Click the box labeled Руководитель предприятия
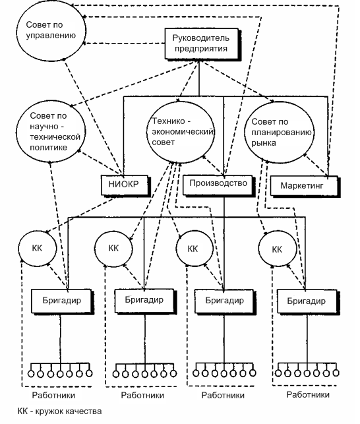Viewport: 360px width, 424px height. pyautogui.click(x=202, y=44)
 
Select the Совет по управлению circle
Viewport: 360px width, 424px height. pyautogui.click(x=51, y=31)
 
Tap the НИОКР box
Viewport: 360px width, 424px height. pyautogui.click(x=125, y=185)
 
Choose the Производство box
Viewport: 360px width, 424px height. pyautogui.click(x=218, y=185)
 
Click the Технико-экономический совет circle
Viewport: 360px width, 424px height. pyautogui.click(x=181, y=133)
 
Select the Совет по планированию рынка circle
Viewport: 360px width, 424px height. pyautogui.click(x=280, y=133)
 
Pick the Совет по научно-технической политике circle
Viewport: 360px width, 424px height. pyautogui.click(x=51, y=132)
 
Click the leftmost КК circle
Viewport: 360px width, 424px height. pyautogui.click(x=38, y=248)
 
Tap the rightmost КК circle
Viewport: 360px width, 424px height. pyautogui.click(x=278, y=249)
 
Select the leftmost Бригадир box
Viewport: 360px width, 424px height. pyautogui.click(x=62, y=301)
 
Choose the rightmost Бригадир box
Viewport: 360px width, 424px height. pyautogui.click(x=307, y=301)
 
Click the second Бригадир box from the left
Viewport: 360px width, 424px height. pyautogui.click(x=144, y=301)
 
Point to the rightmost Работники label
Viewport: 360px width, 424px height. pyautogui.click(x=308, y=395)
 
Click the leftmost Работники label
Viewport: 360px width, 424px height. pyautogui.click(x=53, y=396)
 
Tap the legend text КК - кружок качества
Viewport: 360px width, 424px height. pyautogui.click(x=59, y=411)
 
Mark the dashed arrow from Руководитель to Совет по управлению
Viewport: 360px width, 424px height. pyautogui.click(x=125, y=44)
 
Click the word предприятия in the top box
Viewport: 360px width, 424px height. pyautogui.click(x=201, y=49)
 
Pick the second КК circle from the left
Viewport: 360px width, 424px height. pyautogui.click(x=113, y=248)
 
